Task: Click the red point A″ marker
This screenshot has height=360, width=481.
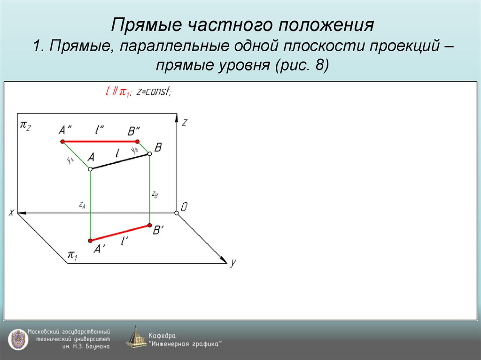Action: [x=62, y=141]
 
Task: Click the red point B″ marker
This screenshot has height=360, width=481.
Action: [x=137, y=141]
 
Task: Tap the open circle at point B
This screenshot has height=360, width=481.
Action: [x=150, y=153]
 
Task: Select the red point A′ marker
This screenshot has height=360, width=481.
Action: [x=90, y=240]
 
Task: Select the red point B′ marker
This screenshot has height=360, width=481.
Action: [x=150, y=225]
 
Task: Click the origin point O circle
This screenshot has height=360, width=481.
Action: [x=177, y=213]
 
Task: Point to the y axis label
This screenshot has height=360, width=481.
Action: [x=233, y=263]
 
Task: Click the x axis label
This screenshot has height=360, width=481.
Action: [x=11, y=213]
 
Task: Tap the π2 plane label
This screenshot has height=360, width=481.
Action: [x=25, y=126]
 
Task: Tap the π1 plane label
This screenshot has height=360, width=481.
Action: [x=72, y=255]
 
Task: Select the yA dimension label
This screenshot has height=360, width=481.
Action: [x=70, y=160]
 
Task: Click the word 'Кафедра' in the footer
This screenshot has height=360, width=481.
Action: [x=162, y=336]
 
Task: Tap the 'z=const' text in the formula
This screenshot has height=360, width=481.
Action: [x=154, y=92]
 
